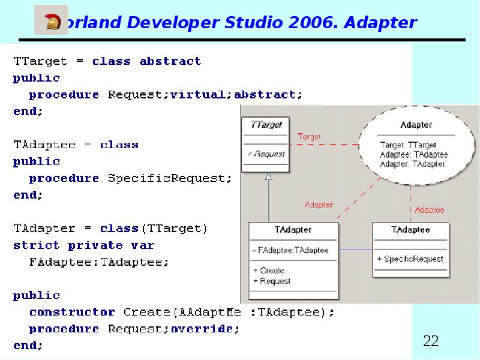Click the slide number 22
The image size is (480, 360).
pos(431,341)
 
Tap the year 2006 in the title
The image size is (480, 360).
pos(314,23)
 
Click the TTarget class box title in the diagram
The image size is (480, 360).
pos(266,125)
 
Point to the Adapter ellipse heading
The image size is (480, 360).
pos(416,125)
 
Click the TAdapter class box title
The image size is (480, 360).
pos(293,230)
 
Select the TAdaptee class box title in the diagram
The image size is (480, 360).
pos(410,230)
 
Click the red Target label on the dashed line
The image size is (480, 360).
pos(310,137)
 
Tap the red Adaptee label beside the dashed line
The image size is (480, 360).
pos(430,210)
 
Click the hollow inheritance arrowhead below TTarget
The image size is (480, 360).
pos(268,176)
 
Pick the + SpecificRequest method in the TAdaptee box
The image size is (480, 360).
pos(410,259)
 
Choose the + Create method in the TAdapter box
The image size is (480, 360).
pos(269,271)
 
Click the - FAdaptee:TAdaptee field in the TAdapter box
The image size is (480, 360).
pos(290,250)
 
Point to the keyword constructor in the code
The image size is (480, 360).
pos(72,312)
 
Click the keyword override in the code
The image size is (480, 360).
pos(202,329)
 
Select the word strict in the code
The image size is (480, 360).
pos(36,245)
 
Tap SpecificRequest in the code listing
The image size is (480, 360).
pos(167,178)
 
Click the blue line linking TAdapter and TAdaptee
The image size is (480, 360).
pos(355,250)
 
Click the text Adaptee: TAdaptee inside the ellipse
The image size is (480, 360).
pos(413,155)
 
